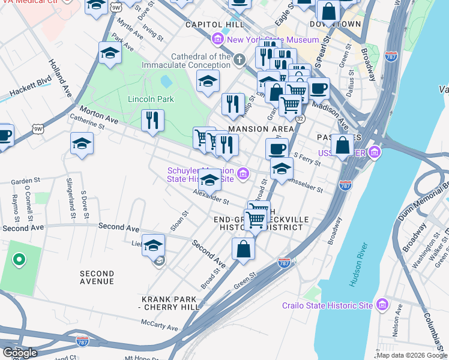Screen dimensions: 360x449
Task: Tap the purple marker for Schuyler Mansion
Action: coord(243,174)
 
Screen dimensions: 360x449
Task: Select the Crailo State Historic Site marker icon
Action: coord(381,305)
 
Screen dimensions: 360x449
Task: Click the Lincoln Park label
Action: coord(150,99)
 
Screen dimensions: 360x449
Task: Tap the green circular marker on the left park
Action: coord(19,260)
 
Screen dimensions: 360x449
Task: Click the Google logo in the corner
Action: coord(20,353)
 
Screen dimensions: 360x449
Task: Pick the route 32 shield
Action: coord(300,119)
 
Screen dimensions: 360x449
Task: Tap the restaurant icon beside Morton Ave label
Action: coord(153,119)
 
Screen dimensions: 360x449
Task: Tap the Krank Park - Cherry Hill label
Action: coord(169,303)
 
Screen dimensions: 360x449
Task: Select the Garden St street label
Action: coord(25,180)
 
